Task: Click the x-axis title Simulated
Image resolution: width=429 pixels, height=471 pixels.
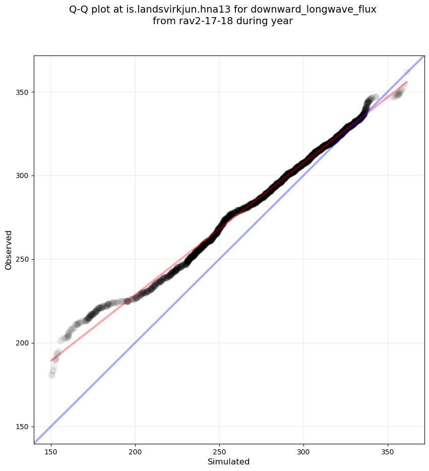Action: tap(229, 461)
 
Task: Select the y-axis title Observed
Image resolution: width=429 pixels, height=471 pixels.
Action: tap(9, 250)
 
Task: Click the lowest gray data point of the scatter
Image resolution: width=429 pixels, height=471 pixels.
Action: tap(52, 375)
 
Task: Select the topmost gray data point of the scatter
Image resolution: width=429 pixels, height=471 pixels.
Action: tap(407, 72)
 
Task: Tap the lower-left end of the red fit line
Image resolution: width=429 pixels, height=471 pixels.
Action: tap(51, 361)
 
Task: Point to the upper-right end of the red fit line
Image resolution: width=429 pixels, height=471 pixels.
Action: tap(407, 82)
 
